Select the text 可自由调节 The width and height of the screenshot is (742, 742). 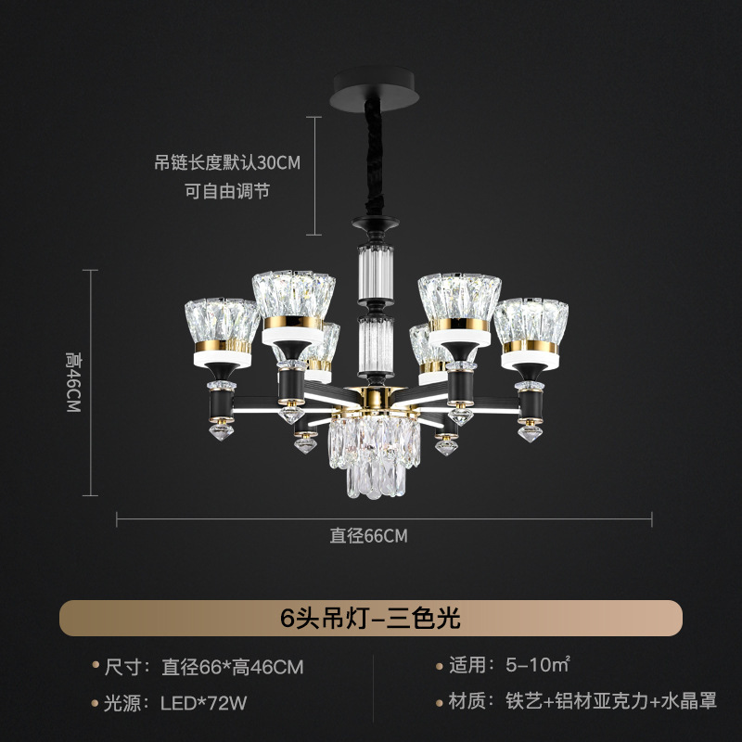click(x=227, y=192)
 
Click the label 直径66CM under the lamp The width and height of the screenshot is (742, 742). click(x=368, y=535)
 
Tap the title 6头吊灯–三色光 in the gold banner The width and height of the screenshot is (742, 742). click(x=371, y=617)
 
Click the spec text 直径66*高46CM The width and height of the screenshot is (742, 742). click(x=232, y=667)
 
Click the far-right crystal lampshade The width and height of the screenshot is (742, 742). click(x=531, y=321)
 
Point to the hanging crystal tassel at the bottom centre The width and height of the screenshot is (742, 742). click(x=370, y=454)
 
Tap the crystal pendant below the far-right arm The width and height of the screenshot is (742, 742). click(x=528, y=430)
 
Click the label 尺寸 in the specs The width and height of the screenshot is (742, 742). click(x=122, y=667)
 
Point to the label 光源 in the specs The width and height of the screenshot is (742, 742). click(x=122, y=702)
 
